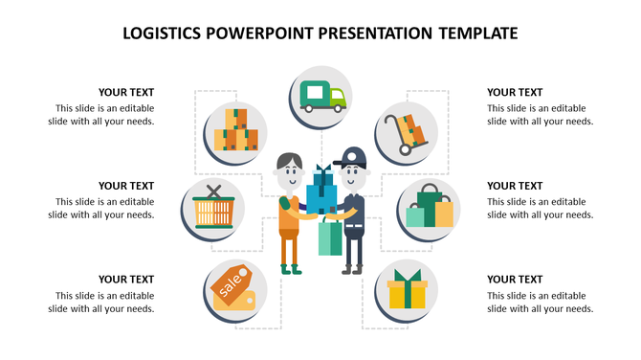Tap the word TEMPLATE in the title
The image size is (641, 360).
[477, 34]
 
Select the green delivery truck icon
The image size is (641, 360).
[320, 97]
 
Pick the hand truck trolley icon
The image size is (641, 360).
[407, 130]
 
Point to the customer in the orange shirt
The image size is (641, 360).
[290, 215]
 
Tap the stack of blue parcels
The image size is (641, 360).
[322, 191]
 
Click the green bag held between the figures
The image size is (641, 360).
[329, 236]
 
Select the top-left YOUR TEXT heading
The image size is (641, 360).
[126, 93]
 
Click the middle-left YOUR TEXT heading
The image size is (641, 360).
[126, 186]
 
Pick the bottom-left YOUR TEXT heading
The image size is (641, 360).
[126, 280]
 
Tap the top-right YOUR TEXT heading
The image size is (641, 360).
[515, 93]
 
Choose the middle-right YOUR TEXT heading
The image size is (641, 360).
[515, 186]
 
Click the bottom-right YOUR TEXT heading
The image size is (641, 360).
[515, 280]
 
